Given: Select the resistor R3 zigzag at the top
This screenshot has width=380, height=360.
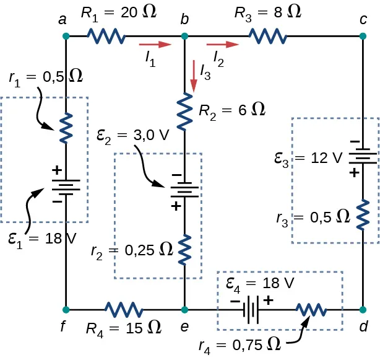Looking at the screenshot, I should click(x=268, y=37).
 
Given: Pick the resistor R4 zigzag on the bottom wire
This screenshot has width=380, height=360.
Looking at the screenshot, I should click(x=124, y=309).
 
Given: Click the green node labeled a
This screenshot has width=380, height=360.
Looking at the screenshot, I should click(x=66, y=37).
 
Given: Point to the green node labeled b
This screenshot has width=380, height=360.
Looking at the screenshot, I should click(x=184, y=37).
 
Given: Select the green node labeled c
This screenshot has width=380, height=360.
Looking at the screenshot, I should click(x=363, y=37).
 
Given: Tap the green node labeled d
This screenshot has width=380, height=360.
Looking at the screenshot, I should click(x=363, y=309).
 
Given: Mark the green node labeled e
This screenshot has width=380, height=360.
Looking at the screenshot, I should click(x=184, y=309).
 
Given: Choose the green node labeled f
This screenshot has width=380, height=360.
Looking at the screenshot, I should click(x=66, y=309).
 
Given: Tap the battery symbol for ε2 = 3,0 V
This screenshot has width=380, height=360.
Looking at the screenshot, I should click(x=184, y=190).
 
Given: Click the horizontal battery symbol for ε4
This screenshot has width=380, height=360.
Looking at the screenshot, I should click(x=251, y=309).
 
